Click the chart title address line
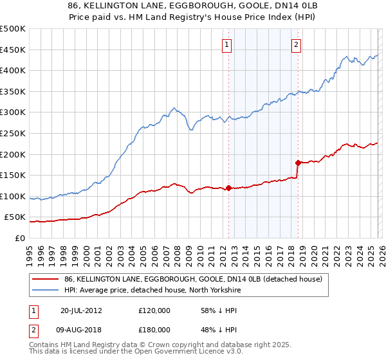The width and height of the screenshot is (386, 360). (x=192, y=6)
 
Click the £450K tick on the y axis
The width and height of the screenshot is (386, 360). (x=13, y=50)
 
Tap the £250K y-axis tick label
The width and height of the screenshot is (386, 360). (x=13, y=133)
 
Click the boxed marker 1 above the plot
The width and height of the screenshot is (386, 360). (x=228, y=45)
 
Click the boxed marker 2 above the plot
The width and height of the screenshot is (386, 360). (x=296, y=45)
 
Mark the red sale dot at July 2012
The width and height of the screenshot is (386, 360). (x=228, y=188)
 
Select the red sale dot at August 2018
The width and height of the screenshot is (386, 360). (x=297, y=163)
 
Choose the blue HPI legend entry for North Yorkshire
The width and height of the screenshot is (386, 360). (x=161, y=291)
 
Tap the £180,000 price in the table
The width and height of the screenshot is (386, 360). (x=154, y=330)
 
